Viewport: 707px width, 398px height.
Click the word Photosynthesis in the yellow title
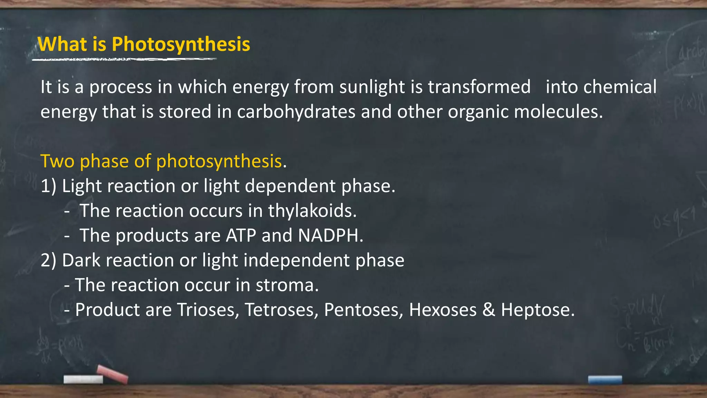181,45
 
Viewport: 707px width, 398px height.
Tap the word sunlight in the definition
372,87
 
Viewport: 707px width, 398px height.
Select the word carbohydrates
296,112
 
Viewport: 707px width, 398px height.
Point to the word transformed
479,87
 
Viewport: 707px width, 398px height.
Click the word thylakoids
312,211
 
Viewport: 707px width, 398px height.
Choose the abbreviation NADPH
330,236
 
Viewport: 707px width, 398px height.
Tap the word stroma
287,285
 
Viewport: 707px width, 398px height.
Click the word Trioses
208,310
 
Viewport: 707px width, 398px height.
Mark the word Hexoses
443,310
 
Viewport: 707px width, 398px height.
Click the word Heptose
537,310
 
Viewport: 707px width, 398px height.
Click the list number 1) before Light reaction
48,187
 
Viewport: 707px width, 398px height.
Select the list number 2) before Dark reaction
48,260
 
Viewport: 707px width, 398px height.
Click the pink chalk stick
113,373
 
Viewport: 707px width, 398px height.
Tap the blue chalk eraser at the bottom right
605,380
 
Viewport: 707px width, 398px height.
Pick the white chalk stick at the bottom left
83,379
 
